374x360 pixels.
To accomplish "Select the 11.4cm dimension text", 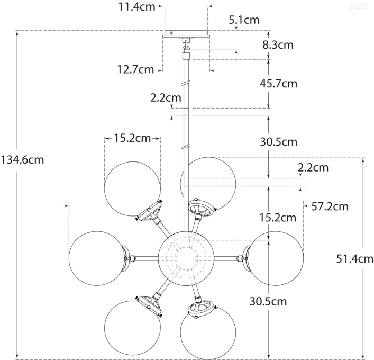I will pyautogui.click(x=136, y=7).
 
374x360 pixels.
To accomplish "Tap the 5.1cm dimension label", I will pyautogui.click(x=244, y=21).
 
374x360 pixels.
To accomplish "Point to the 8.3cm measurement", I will pyautogui.click(x=278, y=45).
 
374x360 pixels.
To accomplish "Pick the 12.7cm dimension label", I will pyautogui.click(x=136, y=69).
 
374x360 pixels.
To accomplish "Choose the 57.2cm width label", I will pyautogui.click(x=329, y=206).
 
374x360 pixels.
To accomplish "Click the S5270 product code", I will pyautogui.click(x=359, y=7).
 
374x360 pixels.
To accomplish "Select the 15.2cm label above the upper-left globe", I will pyautogui.click(x=132, y=138).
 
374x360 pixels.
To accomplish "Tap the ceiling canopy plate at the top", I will pyautogui.click(x=186, y=34).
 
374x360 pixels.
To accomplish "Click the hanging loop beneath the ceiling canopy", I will pyautogui.click(x=186, y=49).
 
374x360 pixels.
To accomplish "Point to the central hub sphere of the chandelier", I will pyautogui.click(x=186, y=257).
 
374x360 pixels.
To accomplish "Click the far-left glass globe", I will pyautogui.click(x=96, y=258).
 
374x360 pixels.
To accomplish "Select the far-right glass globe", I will pyautogui.click(x=276, y=258).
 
